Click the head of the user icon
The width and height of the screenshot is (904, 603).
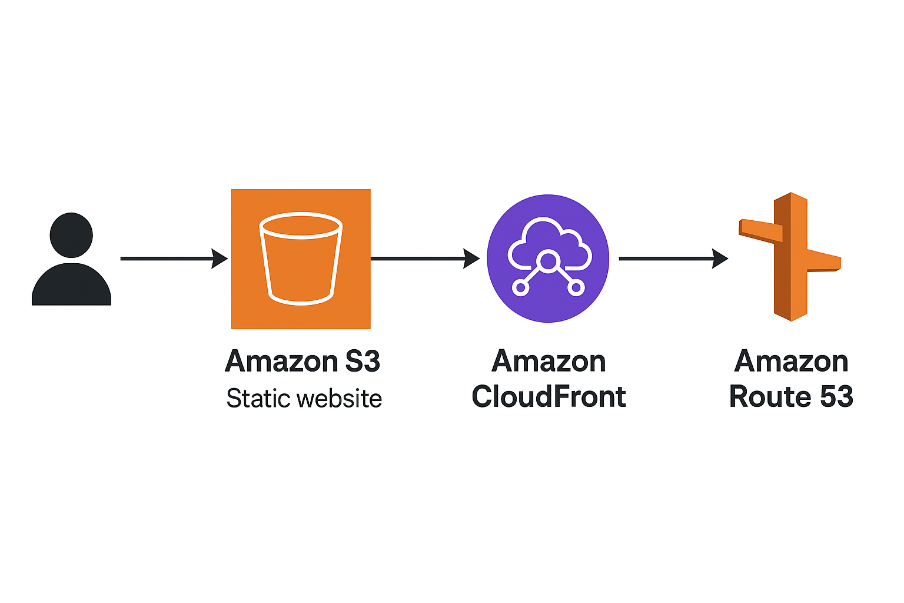coord(71,235)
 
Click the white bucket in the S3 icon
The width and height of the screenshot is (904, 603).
coord(301,259)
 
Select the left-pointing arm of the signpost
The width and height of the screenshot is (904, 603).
coord(760,230)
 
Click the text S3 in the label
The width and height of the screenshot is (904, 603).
coord(362,362)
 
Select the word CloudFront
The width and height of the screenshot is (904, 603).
coord(549,397)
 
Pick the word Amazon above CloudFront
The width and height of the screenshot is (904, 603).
coord(549,362)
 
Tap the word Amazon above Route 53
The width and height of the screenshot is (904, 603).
coord(791,362)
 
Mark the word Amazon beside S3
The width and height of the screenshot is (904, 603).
coord(281,362)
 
